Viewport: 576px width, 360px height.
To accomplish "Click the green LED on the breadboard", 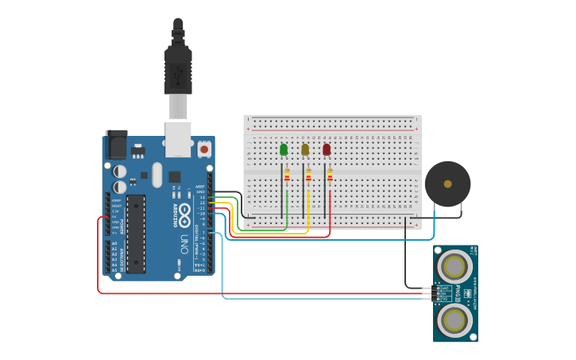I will [284, 149].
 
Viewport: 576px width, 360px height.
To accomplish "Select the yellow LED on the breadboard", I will [305, 149].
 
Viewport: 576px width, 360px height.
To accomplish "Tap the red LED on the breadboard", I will [327, 149].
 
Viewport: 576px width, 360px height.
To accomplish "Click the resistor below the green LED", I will [287, 176].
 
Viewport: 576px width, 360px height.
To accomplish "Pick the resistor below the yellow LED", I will [308, 176].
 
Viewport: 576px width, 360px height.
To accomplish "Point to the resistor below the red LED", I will [330, 176].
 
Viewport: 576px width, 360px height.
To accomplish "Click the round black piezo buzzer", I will [447, 184].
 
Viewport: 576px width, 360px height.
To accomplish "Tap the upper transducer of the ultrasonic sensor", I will [454, 265].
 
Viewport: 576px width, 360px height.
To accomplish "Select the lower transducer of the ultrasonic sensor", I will [454, 320].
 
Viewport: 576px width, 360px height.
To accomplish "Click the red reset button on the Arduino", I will [204, 149].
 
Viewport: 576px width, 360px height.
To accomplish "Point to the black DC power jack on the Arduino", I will [116, 145].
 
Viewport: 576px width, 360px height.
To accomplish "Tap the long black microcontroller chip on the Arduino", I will [136, 234].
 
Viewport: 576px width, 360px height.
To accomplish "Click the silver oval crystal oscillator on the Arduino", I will [157, 175].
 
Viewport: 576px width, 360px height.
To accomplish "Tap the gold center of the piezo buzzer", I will [447, 184].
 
